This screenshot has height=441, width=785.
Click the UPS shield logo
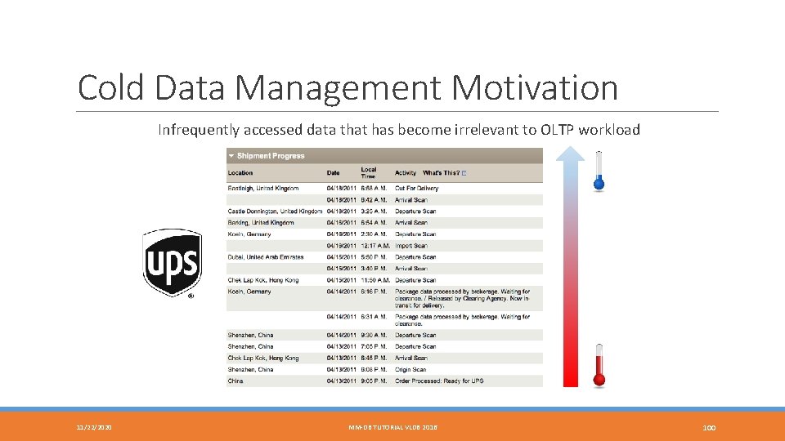(172, 262)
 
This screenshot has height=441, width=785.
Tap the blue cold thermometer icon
(599, 171)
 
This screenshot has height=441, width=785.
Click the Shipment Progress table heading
(271, 156)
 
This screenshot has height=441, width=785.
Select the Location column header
(240, 173)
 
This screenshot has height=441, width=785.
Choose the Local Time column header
(369, 173)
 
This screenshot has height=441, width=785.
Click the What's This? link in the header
(443, 173)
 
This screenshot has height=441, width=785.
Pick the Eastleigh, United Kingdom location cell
(263, 189)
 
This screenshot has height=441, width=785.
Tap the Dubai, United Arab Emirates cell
(266, 257)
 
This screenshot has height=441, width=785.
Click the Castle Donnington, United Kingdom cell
(275, 212)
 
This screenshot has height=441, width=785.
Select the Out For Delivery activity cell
(416, 189)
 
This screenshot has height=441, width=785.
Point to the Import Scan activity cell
(410, 246)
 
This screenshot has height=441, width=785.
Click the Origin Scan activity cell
(410, 370)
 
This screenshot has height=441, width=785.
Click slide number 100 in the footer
(709, 427)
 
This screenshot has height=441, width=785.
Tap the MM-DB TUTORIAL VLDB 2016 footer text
(392, 427)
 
